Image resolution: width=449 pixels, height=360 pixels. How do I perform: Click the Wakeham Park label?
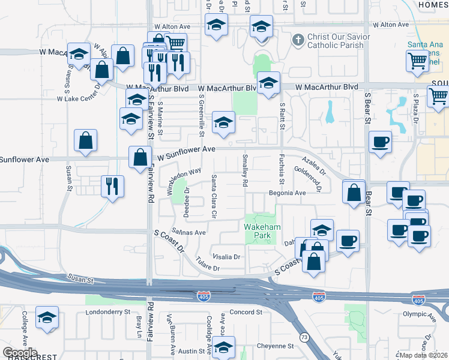[258, 232]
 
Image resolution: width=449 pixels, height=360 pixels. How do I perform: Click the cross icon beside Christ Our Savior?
[298, 40]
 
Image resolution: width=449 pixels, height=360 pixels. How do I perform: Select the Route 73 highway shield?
[305, 338]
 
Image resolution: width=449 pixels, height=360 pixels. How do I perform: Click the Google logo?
[20, 353]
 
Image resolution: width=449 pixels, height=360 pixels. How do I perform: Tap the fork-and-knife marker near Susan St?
[112, 185]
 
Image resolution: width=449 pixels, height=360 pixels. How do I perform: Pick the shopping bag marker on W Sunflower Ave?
[140, 157]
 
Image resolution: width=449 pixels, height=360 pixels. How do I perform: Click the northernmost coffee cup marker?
[379, 143]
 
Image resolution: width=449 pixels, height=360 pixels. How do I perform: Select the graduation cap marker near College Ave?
[47, 317]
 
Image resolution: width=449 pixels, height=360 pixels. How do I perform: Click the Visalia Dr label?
[225, 256]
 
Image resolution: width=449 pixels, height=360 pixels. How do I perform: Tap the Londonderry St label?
[108, 312]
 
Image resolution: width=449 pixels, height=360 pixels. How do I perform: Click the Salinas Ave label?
[189, 232]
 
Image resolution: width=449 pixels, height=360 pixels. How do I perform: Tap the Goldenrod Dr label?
[309, 178]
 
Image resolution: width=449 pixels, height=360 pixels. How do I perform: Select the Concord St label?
[246, 312]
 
